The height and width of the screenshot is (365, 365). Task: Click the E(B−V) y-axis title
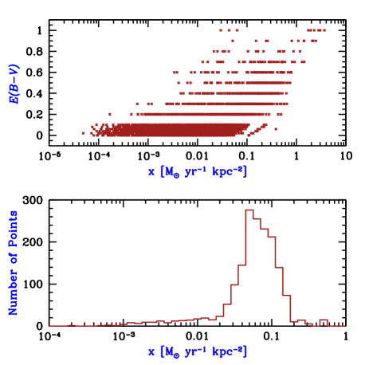pyautogui.click(x=14, y=84)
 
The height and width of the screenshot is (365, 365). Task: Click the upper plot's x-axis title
pyautogui.click(x=198, y=171)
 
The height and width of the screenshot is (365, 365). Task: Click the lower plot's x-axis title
pyautogui.click(x=198, y=351)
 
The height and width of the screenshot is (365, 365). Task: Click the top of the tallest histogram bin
pyautogui.click(x=249, y=210)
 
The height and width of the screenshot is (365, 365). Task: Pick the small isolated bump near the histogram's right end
pyautogui.click(x=323, y=320)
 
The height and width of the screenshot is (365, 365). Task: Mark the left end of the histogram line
pyautogui.click(x=49, y=325)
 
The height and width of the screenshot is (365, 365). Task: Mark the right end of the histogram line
pyautogui.click(x=345, y=325)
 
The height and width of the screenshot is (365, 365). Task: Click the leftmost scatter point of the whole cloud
pyautogui.click(x=83, y=133)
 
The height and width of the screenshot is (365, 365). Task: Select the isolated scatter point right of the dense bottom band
pyautogui.click(x=276, y=129)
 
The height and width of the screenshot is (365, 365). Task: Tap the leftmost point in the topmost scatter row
pyautogui.click(x=221, y=30)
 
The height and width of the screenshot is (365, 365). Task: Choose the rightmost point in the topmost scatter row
pyautogui.click(x=324, y=30)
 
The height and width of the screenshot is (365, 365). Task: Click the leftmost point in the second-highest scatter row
pyautogui.click(x=232, y=41)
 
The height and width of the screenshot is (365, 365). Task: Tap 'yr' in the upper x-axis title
pyautogui.click(x=191, y=171)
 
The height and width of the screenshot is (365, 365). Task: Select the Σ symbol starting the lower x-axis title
pyautogui.click(x=151, y=351)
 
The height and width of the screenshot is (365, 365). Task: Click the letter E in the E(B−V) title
pyautogui.click(x=14, y=100)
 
